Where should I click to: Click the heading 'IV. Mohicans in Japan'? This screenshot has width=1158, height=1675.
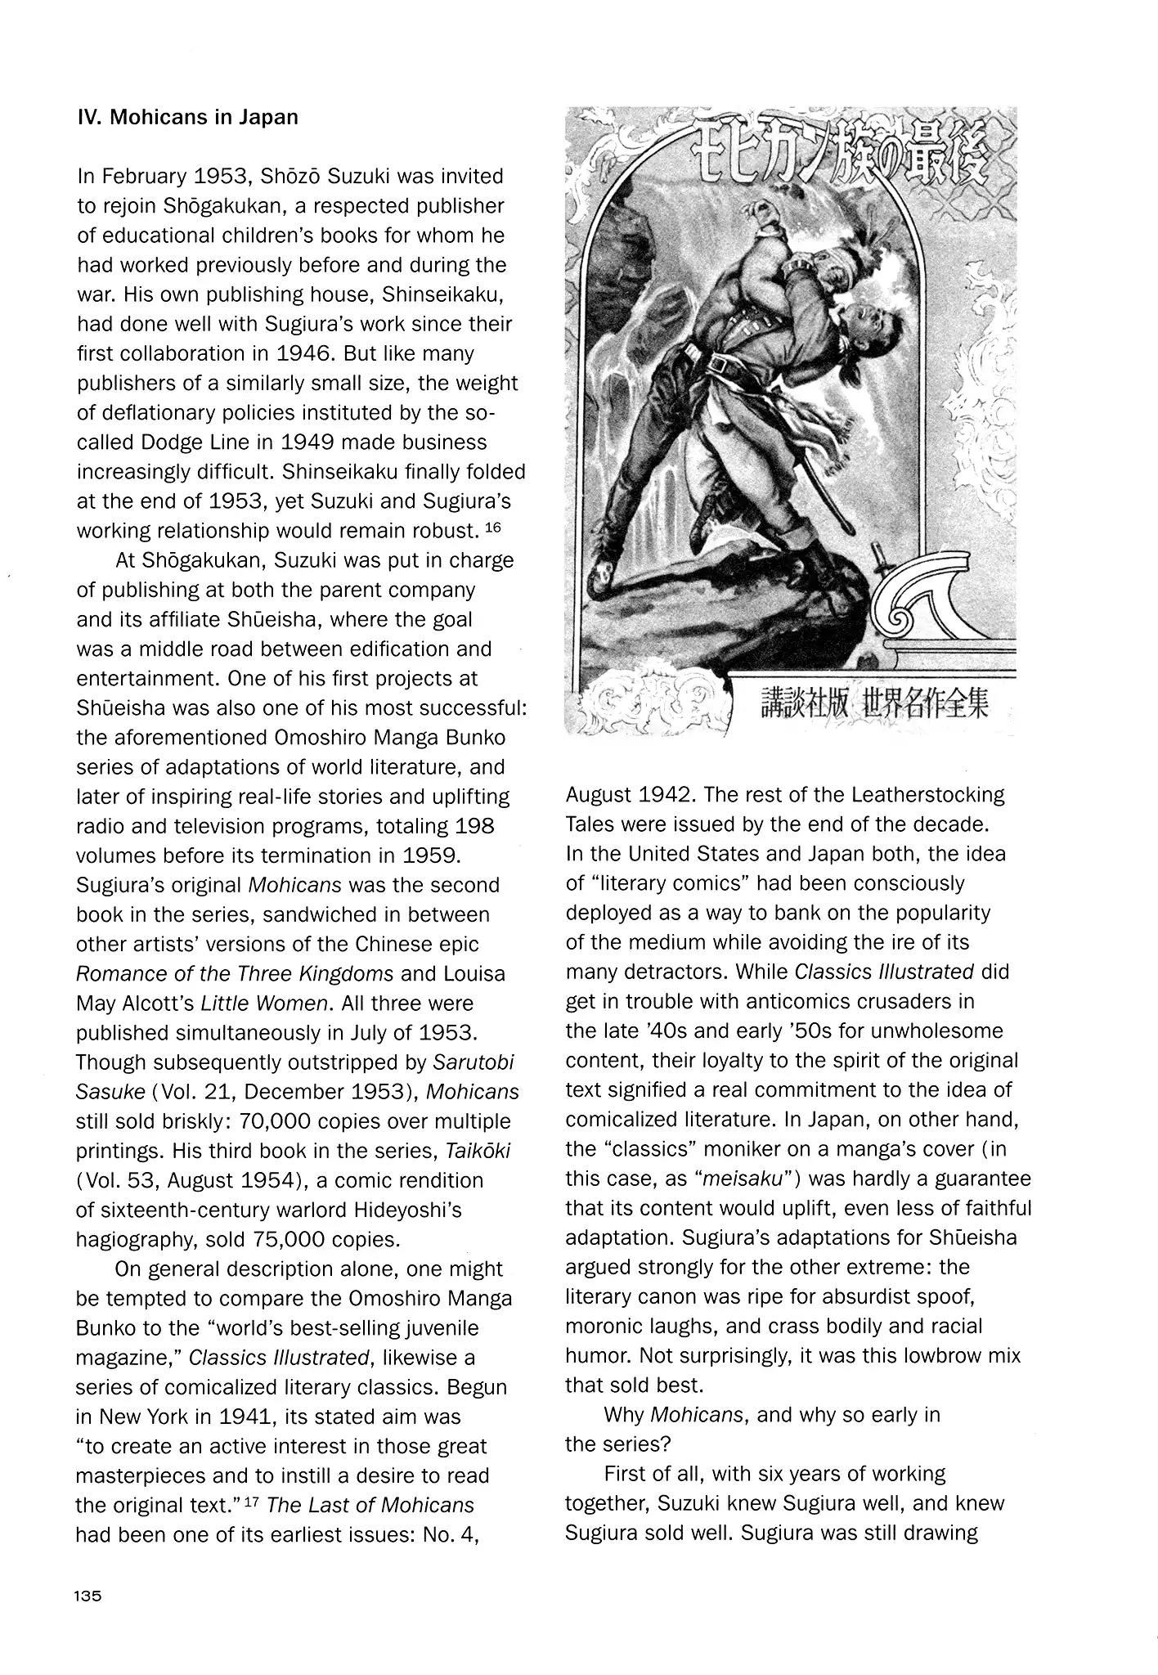pos(187,117)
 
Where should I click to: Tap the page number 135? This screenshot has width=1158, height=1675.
pos(88,1596)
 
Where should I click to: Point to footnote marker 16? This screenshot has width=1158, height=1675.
pos(492,528)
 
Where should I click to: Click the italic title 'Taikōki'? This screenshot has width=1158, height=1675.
pos(478,1151)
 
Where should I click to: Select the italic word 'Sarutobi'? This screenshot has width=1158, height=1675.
pos(474,1062)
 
